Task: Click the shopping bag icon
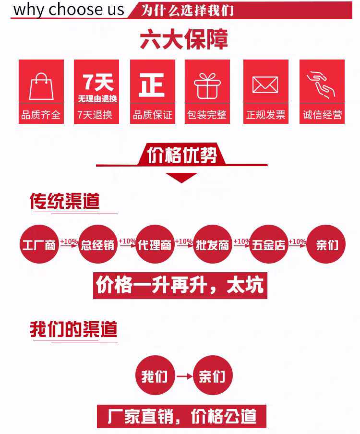coord(41,86)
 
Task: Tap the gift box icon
coord(207,86)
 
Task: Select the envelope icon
coord(265,85)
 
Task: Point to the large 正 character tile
coord(152,84)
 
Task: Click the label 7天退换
coord(96,115)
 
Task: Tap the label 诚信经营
coord(322,115)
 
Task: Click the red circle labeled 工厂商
coord(39,245)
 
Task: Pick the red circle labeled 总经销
coord(98,245)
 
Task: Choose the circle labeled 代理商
coord(154,245)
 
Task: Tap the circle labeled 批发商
coord(212,245)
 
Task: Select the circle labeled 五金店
coord(268,245)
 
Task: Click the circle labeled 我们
coord(155,375)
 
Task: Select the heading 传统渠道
coord(65,202)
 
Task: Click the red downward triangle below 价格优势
coord(181,177)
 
